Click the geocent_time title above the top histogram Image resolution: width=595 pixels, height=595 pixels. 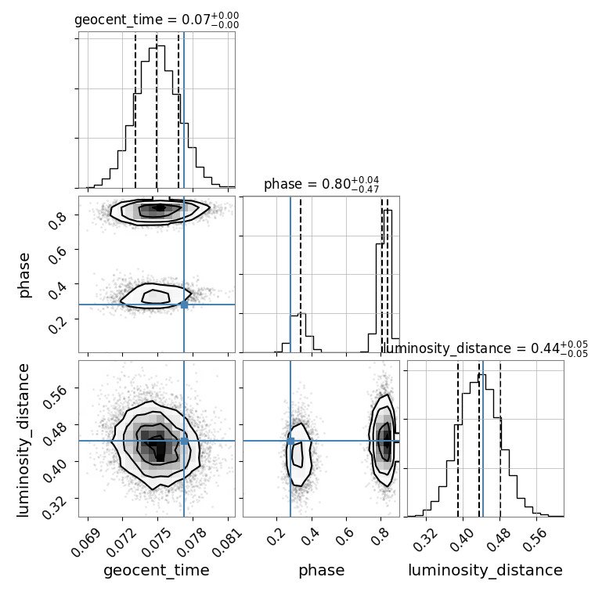tap(157, 20)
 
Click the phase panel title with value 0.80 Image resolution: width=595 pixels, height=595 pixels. tap(321, 185)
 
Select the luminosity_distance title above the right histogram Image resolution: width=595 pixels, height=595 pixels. tap(485, 348)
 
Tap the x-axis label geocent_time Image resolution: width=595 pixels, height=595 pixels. tap(157, 571)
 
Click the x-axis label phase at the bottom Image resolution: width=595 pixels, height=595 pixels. tap(321, 571)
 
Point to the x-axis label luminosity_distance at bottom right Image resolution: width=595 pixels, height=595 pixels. tap(485, 571)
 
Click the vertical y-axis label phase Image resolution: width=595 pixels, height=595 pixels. tap(24, 274)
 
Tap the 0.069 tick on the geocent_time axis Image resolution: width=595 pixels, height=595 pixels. tap(88, 539)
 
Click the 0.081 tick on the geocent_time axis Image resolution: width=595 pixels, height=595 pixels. tap(229, 539)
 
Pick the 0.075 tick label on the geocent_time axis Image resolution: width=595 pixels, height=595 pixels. tap(158, 539)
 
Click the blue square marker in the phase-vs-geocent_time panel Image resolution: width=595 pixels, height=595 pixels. tap(184, 304)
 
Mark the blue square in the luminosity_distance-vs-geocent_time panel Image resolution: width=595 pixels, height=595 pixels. tap(184, 441)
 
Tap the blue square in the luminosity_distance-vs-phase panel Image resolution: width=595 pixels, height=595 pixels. tap(290, 441)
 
